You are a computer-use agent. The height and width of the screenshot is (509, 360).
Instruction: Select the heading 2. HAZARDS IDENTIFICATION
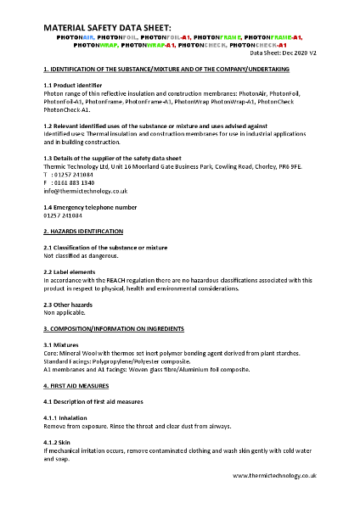click(x=83, y=231)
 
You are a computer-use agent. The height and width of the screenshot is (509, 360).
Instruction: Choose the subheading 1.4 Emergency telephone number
click(x=89, y=207)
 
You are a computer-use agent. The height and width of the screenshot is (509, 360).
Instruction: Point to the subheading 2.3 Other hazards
click(x=70, y=304)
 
